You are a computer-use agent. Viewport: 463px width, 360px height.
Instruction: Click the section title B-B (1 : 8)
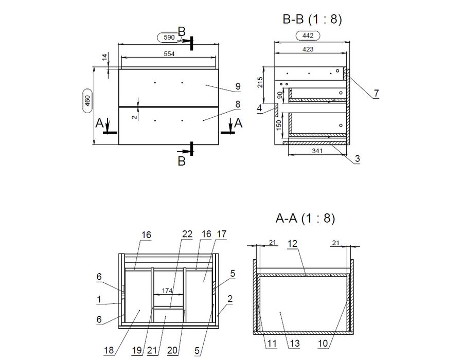pos(312,20)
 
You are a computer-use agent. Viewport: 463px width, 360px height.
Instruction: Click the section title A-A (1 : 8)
pos(305,219)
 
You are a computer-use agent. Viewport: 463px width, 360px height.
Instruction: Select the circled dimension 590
pos(169,38)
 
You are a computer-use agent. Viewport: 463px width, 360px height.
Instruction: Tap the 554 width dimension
pos(169,53)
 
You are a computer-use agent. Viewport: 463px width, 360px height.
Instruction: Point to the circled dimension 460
pos(87,101)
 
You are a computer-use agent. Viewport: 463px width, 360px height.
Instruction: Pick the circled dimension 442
pos(308,35)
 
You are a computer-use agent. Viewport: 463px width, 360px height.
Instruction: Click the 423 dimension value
pos(308,49)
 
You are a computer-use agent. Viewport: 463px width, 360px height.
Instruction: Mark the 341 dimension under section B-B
pos(317,151)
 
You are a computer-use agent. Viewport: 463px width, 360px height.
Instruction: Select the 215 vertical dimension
pos(260,82)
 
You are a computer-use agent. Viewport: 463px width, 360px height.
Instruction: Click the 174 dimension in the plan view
pos(167,291)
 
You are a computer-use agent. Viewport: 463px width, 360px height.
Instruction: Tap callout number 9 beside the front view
pos(238,86)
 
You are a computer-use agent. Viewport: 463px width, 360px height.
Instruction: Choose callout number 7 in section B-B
pos(376,94)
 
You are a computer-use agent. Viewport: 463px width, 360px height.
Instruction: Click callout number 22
pos(187,234)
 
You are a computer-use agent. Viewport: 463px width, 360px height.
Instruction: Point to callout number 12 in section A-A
pos(292,244)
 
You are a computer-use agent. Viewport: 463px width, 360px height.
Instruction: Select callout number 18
pos(109,350)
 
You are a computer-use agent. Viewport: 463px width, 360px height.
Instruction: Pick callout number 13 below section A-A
pos(295,343)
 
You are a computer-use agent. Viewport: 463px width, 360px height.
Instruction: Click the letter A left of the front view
pos(99,123)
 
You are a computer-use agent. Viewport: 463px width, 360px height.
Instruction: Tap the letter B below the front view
pos(182,161)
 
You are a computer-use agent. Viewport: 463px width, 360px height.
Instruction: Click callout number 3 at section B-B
pos(358,158)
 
